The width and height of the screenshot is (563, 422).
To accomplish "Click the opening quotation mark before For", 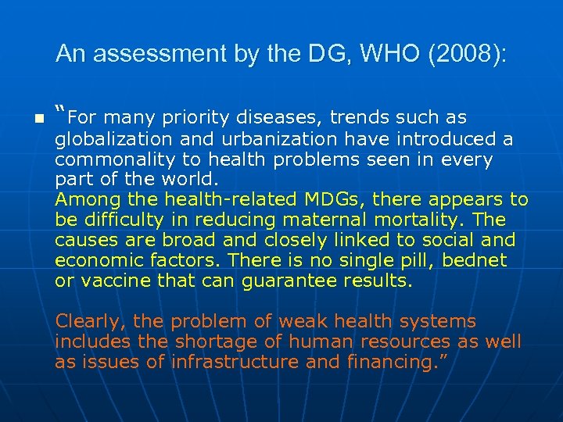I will coord(60,112).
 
